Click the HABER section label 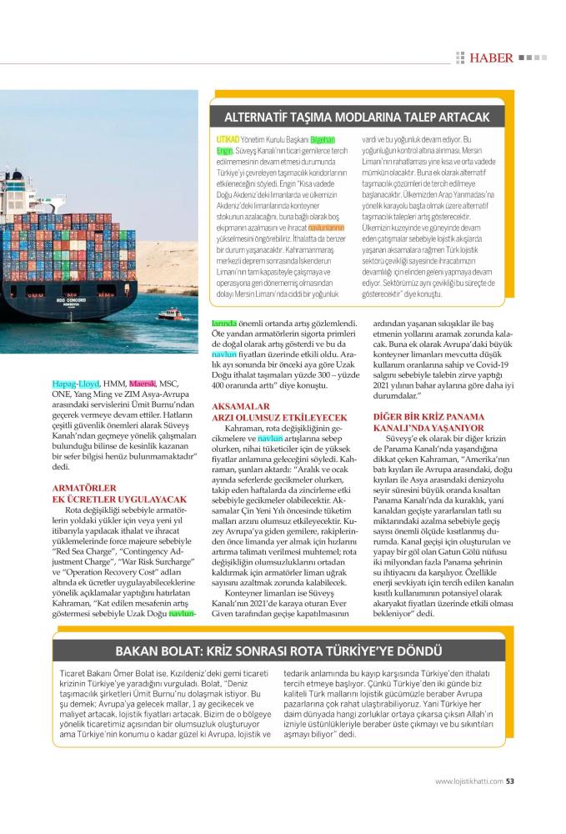[490, 58]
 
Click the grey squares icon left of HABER [459, 58]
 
